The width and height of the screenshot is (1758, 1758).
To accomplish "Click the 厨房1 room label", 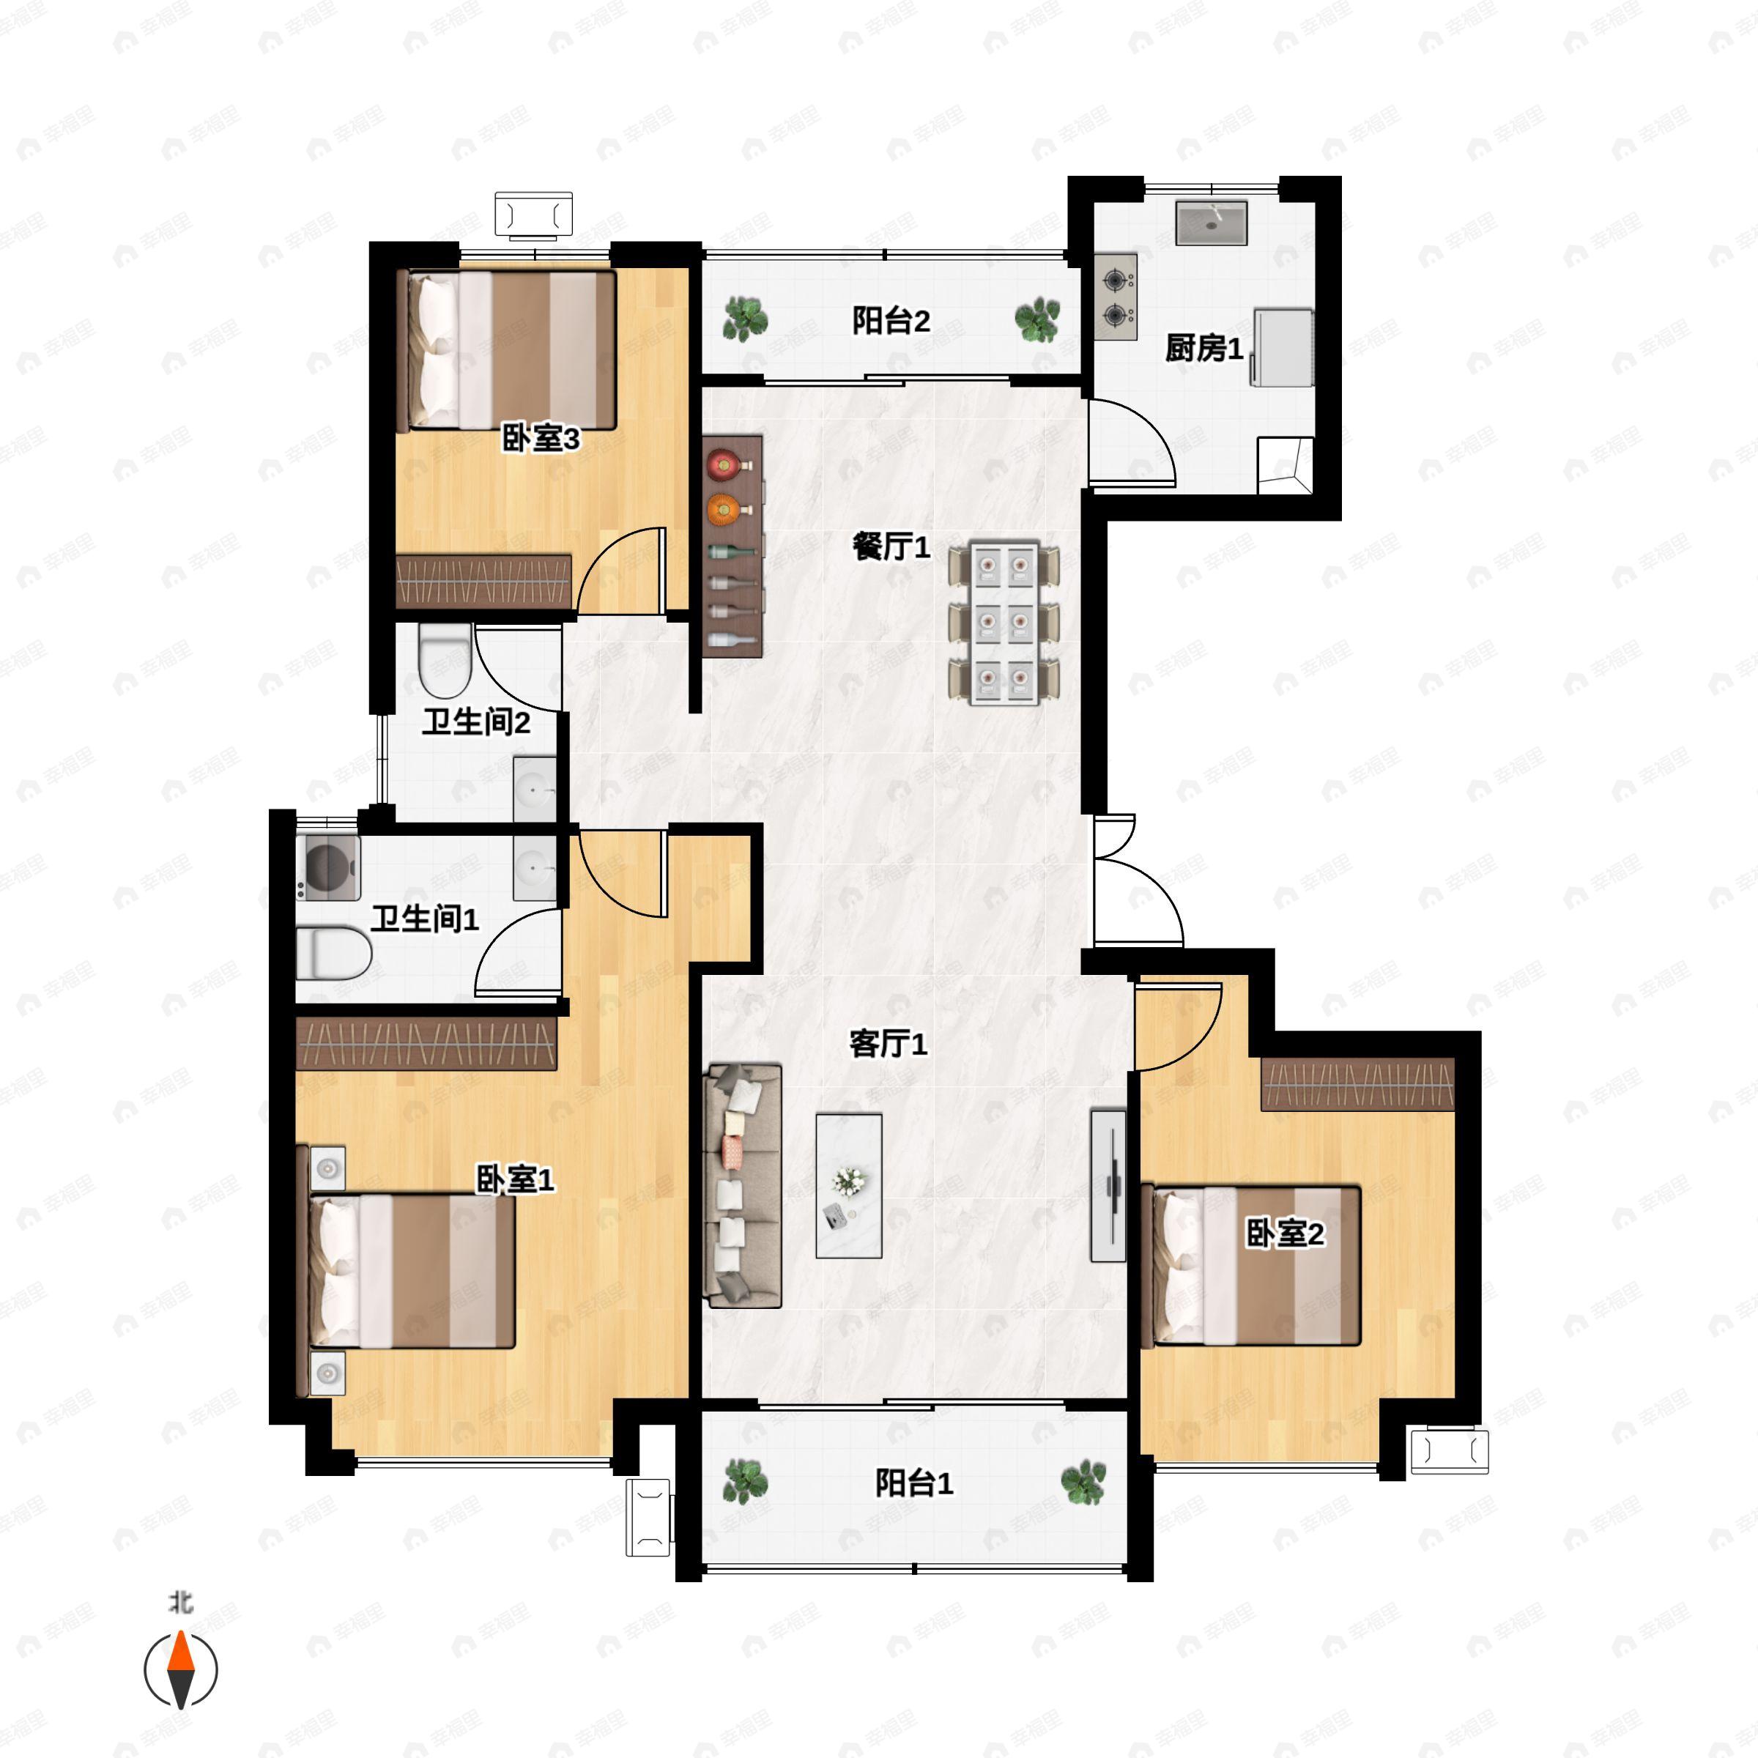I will coord(1203,349).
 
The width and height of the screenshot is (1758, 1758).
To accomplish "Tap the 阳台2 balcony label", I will coord(891,322).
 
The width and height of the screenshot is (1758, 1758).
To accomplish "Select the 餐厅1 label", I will coord(891,548).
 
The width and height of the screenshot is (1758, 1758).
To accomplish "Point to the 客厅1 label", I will coord(888,1044).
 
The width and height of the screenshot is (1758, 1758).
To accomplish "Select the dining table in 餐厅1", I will coord(1004,623).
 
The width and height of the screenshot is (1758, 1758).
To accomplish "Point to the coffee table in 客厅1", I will coord(849,1186).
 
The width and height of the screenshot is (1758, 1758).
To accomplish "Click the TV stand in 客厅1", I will coord(1109,1186).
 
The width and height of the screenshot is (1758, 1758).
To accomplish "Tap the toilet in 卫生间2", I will coord(445,661).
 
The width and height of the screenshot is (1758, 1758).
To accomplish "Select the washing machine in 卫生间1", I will coord(327,868).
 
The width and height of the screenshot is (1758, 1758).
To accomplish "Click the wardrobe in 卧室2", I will coord(1357,1085).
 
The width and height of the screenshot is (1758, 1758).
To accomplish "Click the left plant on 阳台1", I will coord(745,1481).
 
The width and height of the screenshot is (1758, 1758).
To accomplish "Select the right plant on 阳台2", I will coord(1037,319).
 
